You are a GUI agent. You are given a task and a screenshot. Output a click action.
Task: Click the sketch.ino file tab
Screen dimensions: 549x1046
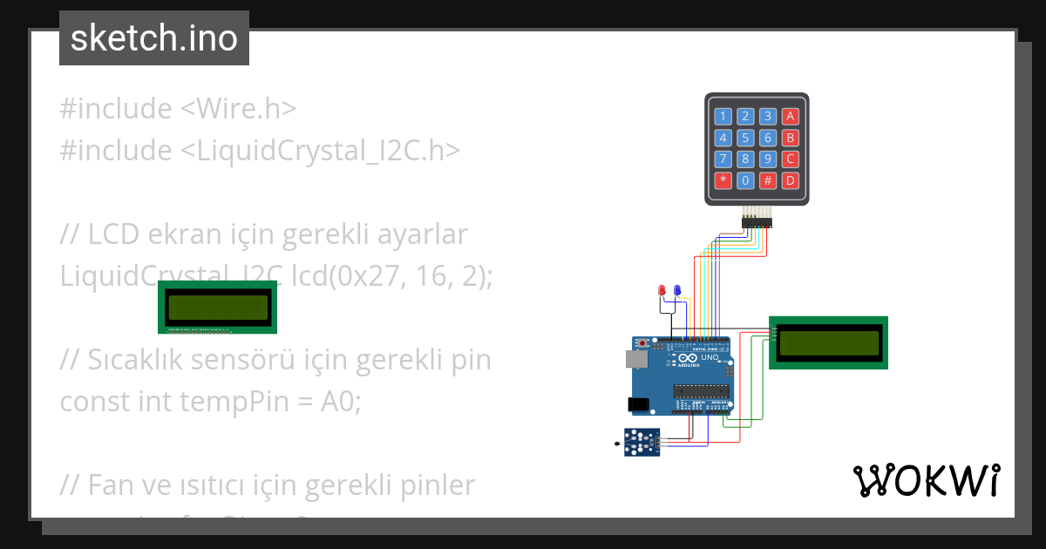(x=154, y=38)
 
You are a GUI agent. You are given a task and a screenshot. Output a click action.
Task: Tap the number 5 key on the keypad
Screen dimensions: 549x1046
(x=745, y=138)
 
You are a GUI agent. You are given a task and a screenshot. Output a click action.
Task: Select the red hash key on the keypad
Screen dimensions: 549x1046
(x=768, y=181)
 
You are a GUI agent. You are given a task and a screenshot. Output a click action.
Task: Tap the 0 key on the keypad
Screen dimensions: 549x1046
(x=745, y=181)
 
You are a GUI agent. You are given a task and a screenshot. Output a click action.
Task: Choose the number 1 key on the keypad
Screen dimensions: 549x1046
(x=723, y=116)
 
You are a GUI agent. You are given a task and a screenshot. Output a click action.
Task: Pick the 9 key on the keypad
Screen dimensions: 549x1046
(x=768, y=159)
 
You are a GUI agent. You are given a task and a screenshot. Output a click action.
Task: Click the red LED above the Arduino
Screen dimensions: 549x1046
(x=662, y=290)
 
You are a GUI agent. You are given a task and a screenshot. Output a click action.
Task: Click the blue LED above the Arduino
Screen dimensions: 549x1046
(x=677, y=290)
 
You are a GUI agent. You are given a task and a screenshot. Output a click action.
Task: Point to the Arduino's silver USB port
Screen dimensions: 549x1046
(x=635, y=359)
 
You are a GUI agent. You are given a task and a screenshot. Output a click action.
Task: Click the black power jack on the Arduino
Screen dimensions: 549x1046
(x=638, y=404)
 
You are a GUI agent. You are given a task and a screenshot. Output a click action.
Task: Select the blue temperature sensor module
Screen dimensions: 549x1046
(x=642, y=442)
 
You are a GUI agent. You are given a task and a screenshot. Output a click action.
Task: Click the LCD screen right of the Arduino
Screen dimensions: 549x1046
(x=828, y=342)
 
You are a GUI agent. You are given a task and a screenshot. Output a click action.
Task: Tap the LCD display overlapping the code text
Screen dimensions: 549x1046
(x=218, y=307)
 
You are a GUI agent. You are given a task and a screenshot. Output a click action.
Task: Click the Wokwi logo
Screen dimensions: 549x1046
(x=926, y=481)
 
